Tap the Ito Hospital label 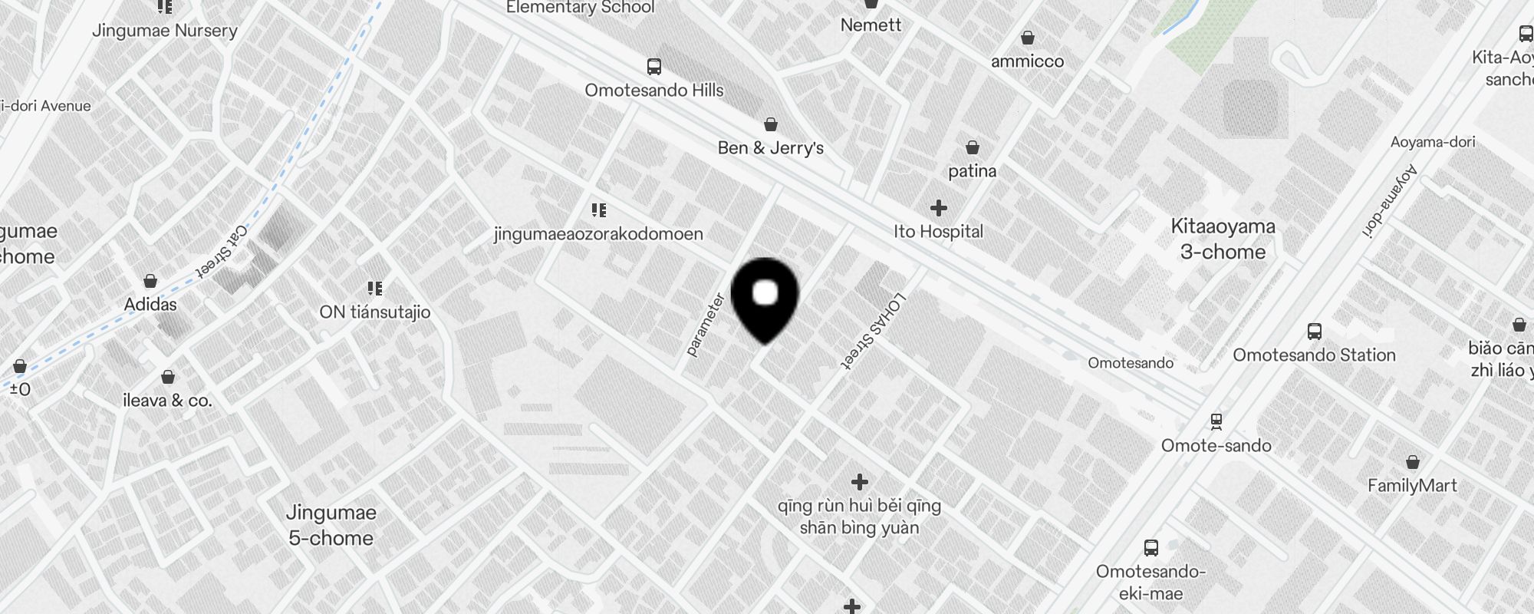point(938,232)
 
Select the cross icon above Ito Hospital point(938,208)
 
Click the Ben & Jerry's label point(770,148)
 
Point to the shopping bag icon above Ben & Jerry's point(771,124)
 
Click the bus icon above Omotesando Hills point(653,67)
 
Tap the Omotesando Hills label point(653,91)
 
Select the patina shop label point(972,171)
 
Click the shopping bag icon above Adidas point(150,281)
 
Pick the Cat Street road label point(222,251)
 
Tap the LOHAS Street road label point(874,332)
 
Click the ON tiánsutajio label point(374,312)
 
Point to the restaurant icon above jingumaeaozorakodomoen point(599,210)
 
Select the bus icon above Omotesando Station point(1314,332)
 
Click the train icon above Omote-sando point(1216,421)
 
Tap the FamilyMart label point(1412,486)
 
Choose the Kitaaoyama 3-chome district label point(1223,239)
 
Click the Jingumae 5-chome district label point(331,525)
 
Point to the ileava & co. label point(167,401)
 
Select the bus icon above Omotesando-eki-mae point(1150,548)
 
